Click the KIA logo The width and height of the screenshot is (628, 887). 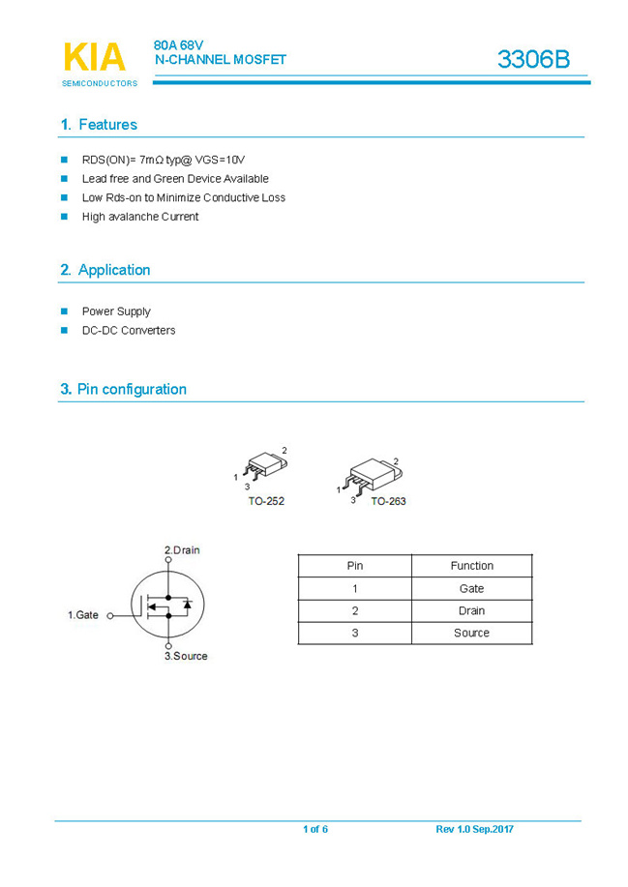(95, 58)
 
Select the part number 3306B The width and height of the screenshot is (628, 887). (533, 60)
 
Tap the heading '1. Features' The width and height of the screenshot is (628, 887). (99, 125)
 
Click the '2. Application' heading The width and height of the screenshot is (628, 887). (105, 270)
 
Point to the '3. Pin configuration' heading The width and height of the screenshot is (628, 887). (123, 389)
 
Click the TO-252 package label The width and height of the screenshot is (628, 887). (266, 501)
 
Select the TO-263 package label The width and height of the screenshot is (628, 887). (388, 502)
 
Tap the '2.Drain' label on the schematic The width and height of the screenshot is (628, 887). (182, 549)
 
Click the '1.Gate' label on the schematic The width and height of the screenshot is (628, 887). (83, 615)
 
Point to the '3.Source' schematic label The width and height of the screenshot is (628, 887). (185, 656)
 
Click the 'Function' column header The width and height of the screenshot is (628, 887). (471, 566)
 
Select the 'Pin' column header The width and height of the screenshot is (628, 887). (355, 566)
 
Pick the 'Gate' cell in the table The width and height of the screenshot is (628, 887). (471, 588)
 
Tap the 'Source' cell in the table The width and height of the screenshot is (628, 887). (471, 633)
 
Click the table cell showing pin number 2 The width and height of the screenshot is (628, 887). (355, 610)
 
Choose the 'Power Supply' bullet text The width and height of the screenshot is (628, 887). (116, 311)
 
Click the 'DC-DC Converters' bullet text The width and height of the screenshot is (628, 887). (129, 330)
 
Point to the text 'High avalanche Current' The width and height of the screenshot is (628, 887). (140, 217)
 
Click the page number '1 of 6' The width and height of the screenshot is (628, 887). (315, 829)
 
